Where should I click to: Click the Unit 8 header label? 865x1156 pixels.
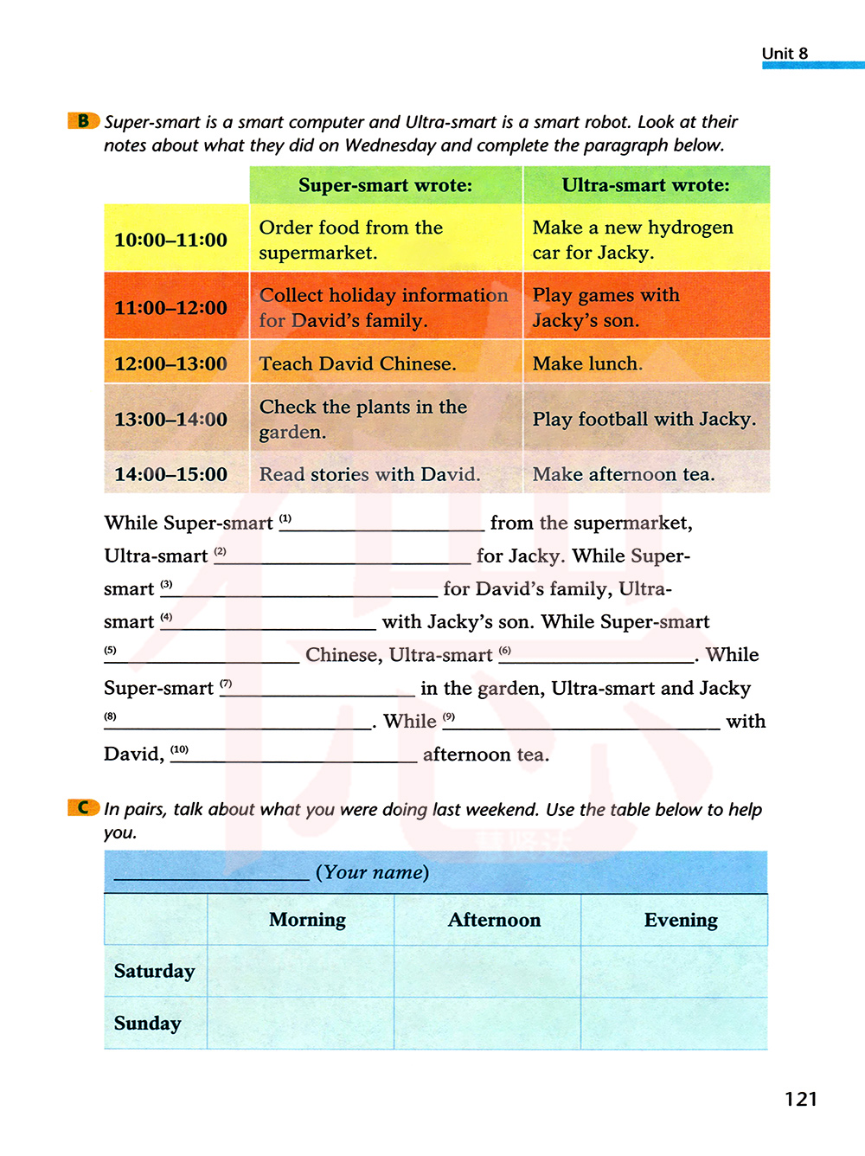tap(785, 54)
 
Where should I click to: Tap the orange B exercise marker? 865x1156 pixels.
tap(83, 121)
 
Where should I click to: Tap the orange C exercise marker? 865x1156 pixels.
tap(83, 807)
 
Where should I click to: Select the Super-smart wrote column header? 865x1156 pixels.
tap(386, 185)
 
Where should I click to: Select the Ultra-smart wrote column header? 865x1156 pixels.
tap(646, 185)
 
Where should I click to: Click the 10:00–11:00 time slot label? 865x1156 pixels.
tap(171, 240)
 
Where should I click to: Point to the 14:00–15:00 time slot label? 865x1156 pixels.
tap(171, 474)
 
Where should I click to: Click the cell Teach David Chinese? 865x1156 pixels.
tap(357, 363)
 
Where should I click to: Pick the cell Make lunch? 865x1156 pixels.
tap(587, 363)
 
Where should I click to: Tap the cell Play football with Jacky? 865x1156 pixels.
tap(644, 419)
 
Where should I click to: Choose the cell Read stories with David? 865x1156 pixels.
tap(369, 474)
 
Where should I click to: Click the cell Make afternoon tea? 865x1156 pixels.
tap(624, 474)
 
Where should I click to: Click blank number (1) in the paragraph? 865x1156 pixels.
tap(382, 524)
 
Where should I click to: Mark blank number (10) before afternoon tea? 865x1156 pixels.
tap(294, 756)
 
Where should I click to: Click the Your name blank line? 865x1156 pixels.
tap(211, 874)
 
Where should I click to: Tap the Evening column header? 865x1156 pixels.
tap(681, 920)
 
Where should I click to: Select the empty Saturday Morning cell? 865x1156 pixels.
tap(301, 972)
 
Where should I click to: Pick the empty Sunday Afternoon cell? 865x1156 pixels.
tap(488, 1024)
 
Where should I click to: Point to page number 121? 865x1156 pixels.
tap(801, 1099)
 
